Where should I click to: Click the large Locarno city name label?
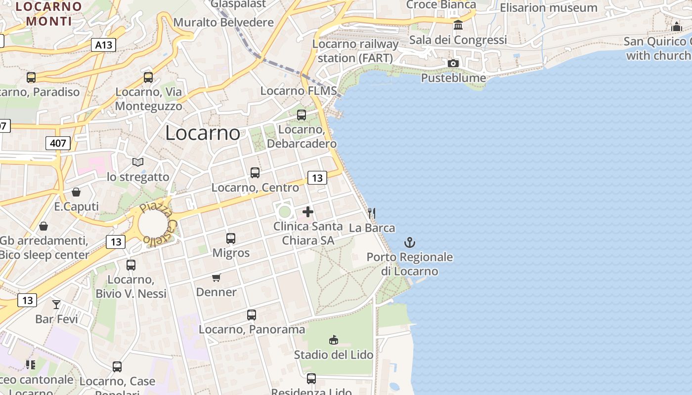coord(203,133)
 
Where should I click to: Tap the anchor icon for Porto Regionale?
coord(410,242)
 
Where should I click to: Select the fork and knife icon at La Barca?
coord(372,213)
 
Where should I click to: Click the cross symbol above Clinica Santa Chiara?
coord(308,212)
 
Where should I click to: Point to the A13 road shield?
coord(103,45)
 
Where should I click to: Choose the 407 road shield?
coord(58,144)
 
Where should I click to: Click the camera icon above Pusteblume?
coord(453,63)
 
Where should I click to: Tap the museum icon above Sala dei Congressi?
coord(458,25)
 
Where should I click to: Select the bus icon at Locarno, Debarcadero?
coord(302,115)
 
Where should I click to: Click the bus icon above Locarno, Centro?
coord(255,173)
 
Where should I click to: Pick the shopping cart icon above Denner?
coord(216,277)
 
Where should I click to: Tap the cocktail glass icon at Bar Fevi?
coord(56,304)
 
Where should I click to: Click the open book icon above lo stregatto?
coord(138,162)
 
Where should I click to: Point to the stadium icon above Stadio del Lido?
coord(334,340)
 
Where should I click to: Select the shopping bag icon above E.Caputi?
coord(76,192)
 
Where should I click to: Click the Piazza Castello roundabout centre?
coord(155,224)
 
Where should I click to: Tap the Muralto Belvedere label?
coord(223,22)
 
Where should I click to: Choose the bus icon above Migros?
coord(231,238)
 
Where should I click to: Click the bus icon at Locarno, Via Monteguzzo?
coord(148,78)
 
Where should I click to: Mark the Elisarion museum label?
coord(549,8)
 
